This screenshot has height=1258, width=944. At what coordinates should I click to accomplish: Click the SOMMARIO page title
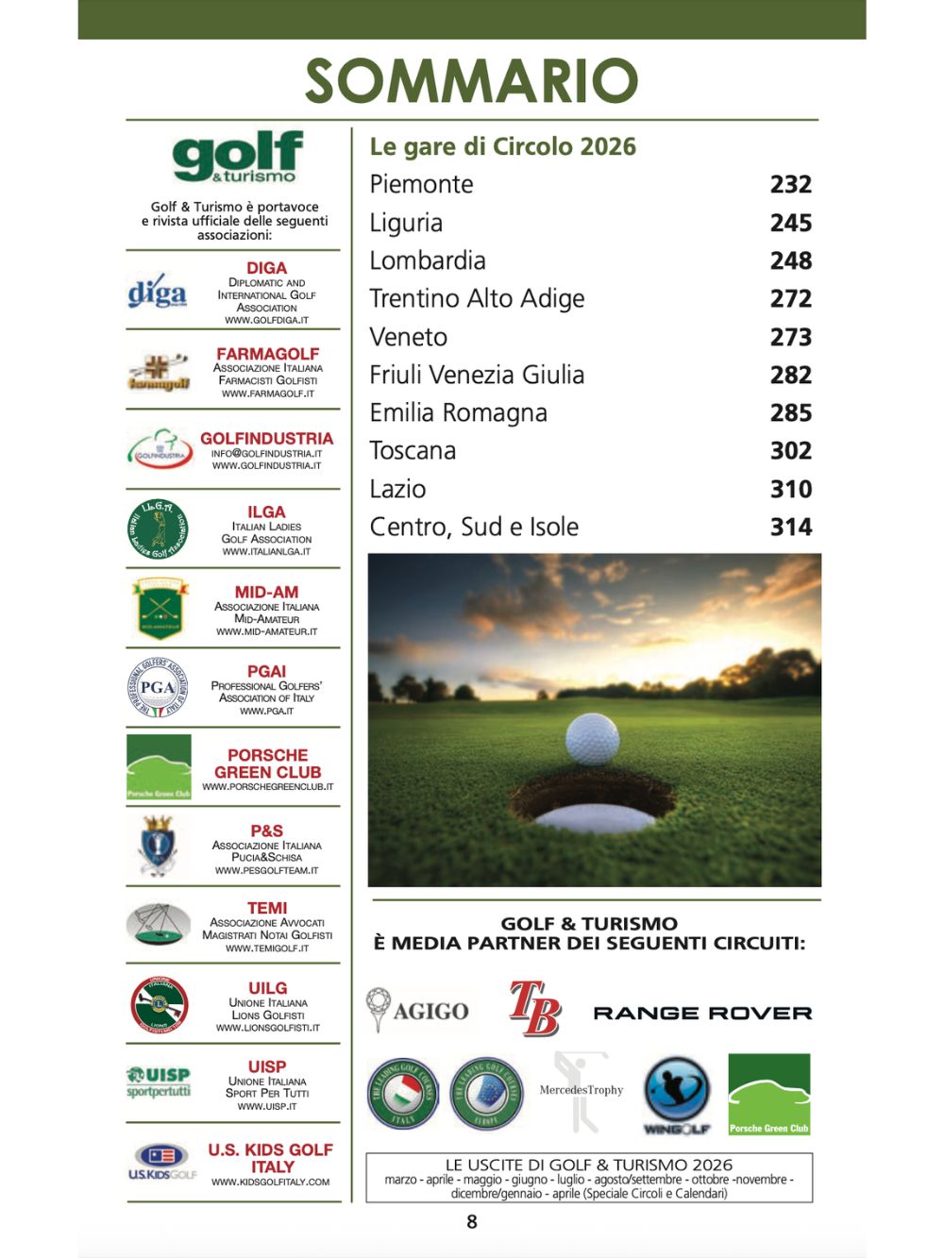471,81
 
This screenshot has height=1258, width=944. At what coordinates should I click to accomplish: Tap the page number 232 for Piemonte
790,184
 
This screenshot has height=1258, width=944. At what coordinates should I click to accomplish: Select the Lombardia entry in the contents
428,260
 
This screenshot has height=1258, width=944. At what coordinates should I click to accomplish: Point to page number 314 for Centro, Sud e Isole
790,527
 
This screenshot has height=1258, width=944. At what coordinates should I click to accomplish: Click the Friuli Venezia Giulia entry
477,375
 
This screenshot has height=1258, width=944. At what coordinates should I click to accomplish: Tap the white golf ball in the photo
592,738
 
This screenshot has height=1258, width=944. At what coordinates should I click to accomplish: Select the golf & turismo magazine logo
236,158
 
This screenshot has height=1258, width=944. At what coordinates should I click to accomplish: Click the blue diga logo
157,293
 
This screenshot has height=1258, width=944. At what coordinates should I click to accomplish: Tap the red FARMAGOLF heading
267,354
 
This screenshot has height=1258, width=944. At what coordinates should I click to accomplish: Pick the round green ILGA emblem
158,528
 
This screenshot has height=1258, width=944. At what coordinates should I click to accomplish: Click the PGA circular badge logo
158,687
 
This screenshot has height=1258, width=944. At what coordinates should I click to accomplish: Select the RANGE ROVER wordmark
702,1013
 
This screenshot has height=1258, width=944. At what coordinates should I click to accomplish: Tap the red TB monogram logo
534,1009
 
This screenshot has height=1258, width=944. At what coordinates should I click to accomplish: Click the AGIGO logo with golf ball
417,1010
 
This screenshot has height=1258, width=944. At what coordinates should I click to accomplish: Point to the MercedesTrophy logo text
582,1090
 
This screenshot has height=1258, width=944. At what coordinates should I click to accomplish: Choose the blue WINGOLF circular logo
676,1092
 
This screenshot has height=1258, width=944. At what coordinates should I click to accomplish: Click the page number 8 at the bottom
472,1222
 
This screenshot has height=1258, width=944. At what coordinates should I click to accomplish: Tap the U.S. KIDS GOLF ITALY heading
271,1158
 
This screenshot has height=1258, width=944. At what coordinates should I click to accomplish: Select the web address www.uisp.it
267,1106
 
